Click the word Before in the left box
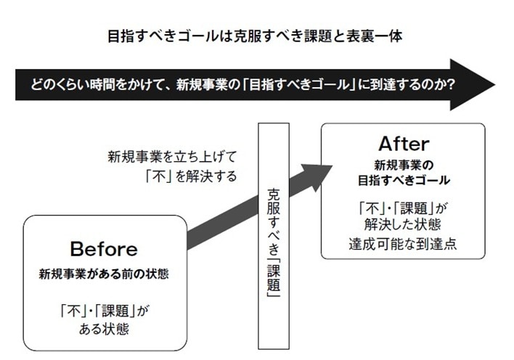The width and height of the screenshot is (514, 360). [103, 249]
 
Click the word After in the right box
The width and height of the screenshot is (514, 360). [404, 143]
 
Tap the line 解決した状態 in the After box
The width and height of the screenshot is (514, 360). [404, 224]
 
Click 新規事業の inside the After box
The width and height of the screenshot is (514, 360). [404, 163]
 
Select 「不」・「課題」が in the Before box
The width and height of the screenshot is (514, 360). [103, 310]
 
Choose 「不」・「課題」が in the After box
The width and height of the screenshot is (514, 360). [404, 205]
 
